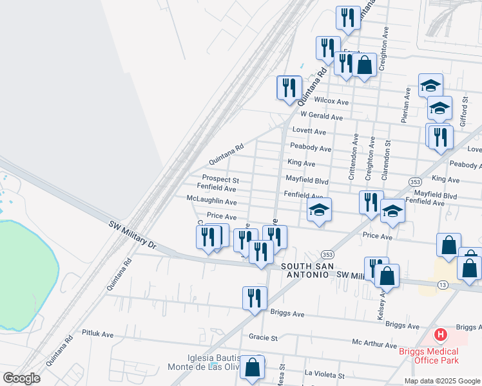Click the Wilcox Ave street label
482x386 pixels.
[x=331, y=102]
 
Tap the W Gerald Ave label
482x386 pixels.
[x=322, y=117]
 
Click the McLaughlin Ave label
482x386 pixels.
[x=211, y=201]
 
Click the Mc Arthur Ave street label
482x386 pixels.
[x=374, y=344]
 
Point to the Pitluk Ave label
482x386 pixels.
[x=97, y=334]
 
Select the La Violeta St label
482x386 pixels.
[x=325, y=373]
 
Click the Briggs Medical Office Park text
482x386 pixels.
[x=428, y=356]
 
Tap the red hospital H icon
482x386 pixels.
[x=441, y=335]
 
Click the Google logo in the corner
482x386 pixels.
[x=21, y=378]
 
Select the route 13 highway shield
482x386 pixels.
[x=442, y=284]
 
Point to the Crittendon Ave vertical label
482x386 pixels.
[x=354, y=158]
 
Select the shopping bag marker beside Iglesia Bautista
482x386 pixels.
[x=253, y=367]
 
